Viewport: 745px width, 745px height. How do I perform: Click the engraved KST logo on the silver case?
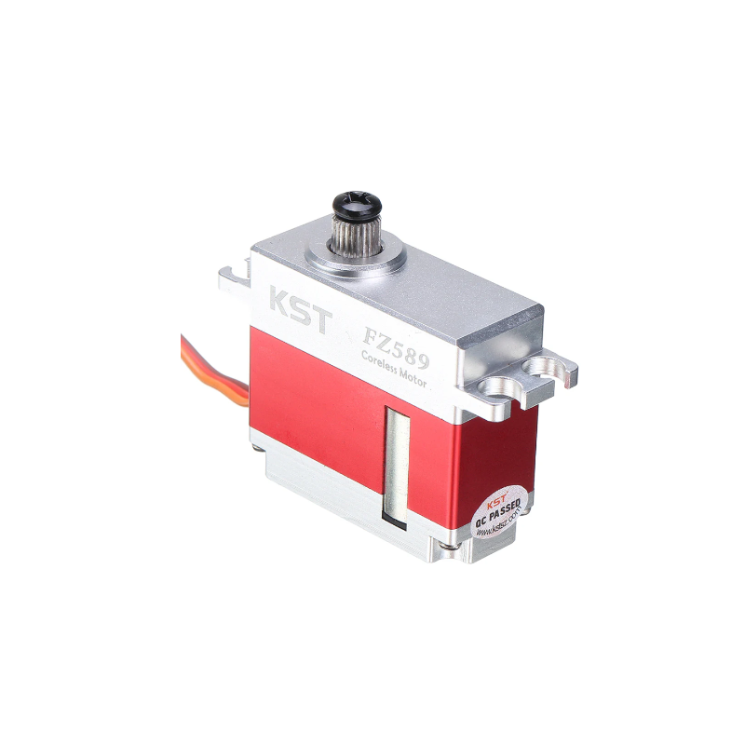(x=299, y=312)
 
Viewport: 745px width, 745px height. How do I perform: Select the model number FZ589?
(x=395, y=338)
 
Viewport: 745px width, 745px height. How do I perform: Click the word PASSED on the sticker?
(x=506, y=508)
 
